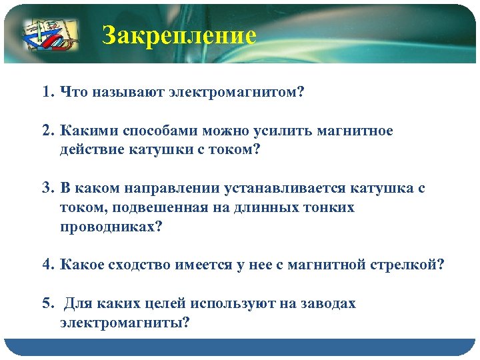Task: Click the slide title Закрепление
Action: coord(179,35)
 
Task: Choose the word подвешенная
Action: coord(169,208)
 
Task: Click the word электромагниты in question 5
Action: coord(124,323)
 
